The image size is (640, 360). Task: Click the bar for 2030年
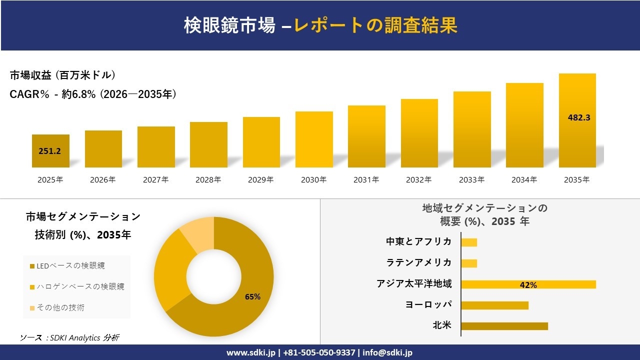(314, 140)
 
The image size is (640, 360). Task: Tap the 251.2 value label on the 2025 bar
(49, 151)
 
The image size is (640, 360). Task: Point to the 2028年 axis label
(208, 180)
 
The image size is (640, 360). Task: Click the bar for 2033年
(472, 130)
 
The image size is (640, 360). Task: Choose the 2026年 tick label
(103, 180)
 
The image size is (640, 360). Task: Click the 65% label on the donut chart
(252, 296)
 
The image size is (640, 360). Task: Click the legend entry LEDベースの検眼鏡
(69, 266)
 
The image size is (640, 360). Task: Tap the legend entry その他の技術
(59, 307)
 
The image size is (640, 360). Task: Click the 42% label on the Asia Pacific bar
(528, 285)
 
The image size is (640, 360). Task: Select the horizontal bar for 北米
(504, 326)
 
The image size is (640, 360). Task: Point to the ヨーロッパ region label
(428, 304)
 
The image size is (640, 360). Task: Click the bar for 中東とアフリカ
(469, 242)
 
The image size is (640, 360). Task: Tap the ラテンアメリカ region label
(418, 262)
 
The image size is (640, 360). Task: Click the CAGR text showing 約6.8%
(93, 94)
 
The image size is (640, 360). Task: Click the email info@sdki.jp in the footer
(387, 352)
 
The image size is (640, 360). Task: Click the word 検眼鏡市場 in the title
(229, 25)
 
